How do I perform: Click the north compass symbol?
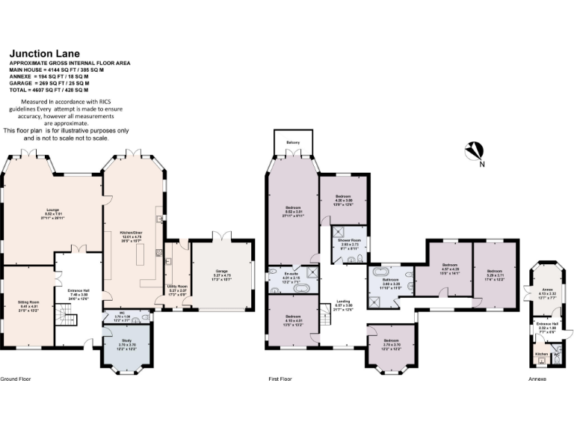tap(472, 152)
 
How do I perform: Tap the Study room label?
tap(126, 343)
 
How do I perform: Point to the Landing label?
tap(343, 303)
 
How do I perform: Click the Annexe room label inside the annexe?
tap(547, 291)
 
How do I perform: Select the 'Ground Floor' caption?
tap(13, 379)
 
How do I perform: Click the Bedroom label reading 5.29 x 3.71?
tap(496, 273)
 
